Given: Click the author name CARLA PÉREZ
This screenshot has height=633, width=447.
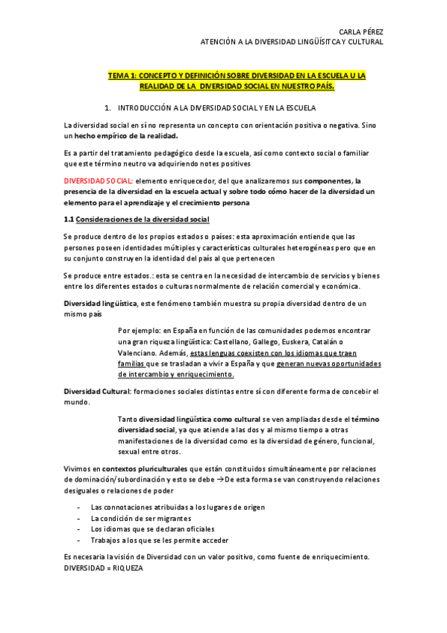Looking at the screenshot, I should [x=361, y=32].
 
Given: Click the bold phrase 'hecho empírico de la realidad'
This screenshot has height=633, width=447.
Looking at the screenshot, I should [x=127, y=136].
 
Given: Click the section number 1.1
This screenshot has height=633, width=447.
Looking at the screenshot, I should [x=69, y=219].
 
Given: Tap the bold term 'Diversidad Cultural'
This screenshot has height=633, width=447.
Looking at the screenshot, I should [x=97, y=391].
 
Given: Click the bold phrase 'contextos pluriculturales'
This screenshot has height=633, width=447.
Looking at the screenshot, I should [x=145, y=468].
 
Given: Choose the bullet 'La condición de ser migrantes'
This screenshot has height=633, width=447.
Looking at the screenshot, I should [x=141, y=517].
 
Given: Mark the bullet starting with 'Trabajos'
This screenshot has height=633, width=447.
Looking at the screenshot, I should [x=159, y=540].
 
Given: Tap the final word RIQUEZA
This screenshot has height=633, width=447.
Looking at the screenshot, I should [x=131, y=568].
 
